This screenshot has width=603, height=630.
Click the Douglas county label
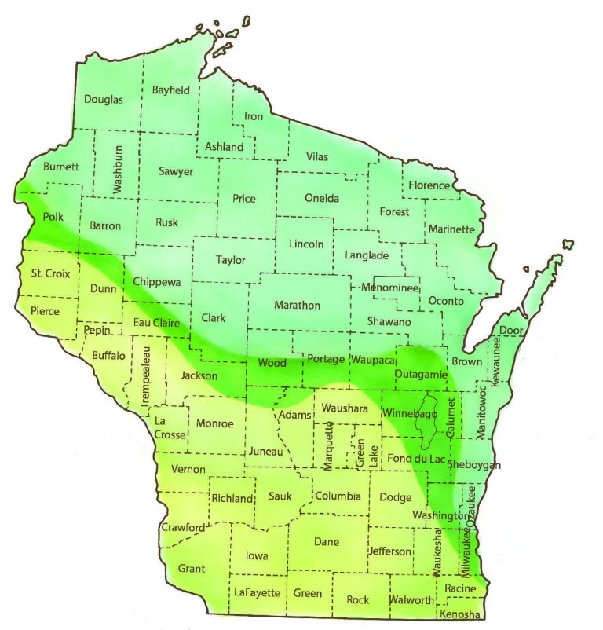click(104, 100)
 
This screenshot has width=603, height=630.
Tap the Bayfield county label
click(170, 90)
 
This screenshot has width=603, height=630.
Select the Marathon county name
click(297, 305)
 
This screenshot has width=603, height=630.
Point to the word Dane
click(326, 541)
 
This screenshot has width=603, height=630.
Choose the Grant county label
click(192, 568)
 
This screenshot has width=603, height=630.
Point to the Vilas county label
click(317, 157)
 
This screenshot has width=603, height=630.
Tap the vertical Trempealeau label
click(146, 376)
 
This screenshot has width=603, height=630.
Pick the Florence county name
click(429, 186)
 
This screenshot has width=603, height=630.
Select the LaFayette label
click(257, 592)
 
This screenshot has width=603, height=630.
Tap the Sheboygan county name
click(473, 465)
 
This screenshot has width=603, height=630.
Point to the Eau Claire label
click(155, 323)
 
